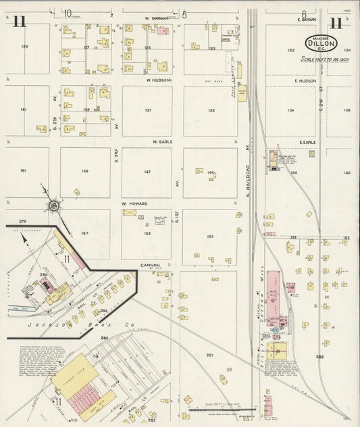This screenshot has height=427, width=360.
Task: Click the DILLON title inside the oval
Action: coord(323,43)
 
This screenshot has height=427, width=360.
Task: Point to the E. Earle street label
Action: coord(307,143)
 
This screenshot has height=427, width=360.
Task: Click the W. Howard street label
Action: coord(134,203)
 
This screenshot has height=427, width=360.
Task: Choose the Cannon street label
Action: coord(149,266)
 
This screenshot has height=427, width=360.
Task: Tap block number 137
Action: coord(147,110)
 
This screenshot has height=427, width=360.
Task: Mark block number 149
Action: coord(84,172)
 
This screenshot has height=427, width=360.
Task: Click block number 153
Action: coord(210,236)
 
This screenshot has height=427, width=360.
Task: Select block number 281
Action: coord(209,355)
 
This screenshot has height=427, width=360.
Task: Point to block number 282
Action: coord(319,356)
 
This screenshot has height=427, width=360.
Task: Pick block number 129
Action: coord(24,46)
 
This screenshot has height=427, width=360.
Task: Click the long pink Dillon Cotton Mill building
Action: coord(274,297)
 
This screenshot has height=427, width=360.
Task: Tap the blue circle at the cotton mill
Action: coord(276,330)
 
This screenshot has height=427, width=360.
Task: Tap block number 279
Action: coord(22,222)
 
